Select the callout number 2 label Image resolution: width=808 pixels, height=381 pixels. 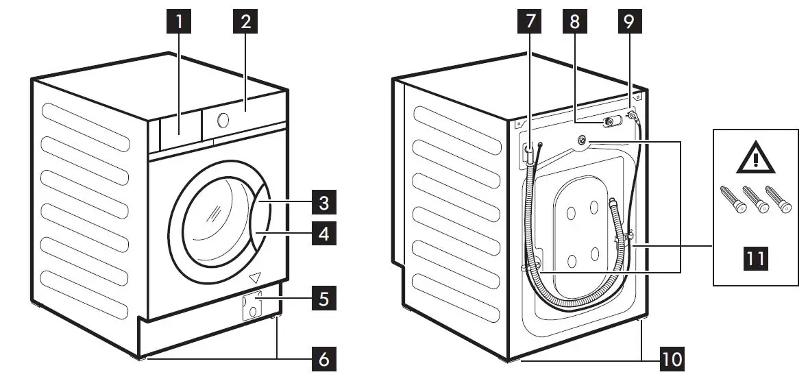[245, 22]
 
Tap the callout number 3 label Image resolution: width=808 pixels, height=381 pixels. [323, 204]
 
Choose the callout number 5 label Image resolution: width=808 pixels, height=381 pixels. [323, 299]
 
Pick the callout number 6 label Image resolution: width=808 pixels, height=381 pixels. [323, 357]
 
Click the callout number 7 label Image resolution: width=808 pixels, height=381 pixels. [529, 22]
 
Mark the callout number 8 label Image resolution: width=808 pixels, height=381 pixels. [574, 22]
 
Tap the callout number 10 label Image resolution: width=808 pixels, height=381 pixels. [672, 357]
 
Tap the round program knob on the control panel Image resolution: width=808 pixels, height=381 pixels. [223, 121]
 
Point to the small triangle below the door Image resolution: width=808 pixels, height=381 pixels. [256, 278]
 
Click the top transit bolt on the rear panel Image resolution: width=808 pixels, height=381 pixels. [582, 140]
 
